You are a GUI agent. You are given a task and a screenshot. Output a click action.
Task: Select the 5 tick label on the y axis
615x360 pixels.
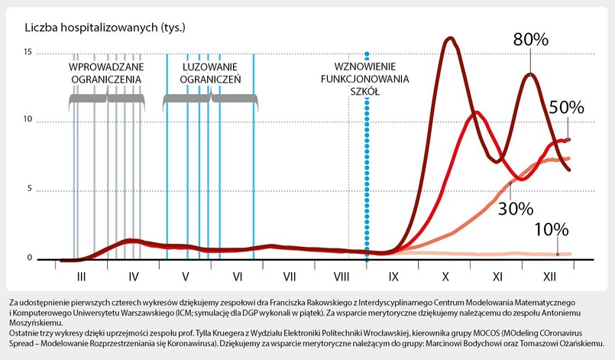click(29, 190)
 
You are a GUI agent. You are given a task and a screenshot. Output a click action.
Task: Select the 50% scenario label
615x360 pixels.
click(566, 108)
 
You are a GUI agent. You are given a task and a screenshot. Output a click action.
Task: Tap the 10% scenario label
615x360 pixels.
click(551, 229)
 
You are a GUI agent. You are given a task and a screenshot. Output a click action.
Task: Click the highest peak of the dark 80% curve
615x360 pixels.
click(449, 37)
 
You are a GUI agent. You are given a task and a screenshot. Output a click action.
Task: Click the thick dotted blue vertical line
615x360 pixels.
click(367, 168)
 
